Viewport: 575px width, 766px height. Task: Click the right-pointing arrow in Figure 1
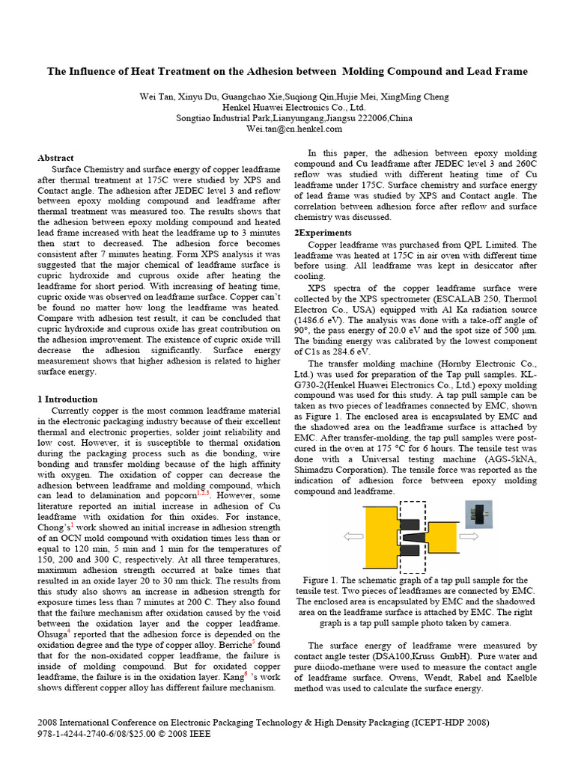point(469,536)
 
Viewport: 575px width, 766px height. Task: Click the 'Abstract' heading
point(56,158)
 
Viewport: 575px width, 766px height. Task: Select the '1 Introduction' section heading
point(67,399)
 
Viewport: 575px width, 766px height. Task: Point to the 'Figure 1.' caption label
point(322,580)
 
